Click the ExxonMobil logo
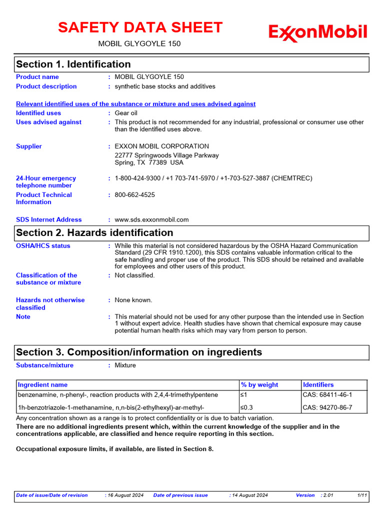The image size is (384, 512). (x=317, y=33)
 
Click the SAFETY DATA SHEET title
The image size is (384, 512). (x=140, y=27)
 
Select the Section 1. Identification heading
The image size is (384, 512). (x=73, y=64)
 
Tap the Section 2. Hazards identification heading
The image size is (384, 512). (x=94, y=232)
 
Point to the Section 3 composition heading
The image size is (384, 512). (x=139, y=352)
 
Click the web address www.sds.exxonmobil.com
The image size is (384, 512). (x=151, y=219)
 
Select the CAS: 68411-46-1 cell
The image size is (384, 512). (x=327, y=395)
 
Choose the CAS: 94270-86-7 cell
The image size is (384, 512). (x=327, y=407)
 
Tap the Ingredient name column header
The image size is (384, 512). (x=42, y=384)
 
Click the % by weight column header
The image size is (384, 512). (x=259, y=384)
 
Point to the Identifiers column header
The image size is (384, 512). (x=318, y=384)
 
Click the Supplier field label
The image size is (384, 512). (x=29, y=146)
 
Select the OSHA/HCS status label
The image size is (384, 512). (x=43, y=246)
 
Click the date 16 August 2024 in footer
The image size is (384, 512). (x=125, y=495)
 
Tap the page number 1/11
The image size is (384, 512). (x=362, y=495)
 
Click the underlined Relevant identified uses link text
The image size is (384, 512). (x=135, y=104)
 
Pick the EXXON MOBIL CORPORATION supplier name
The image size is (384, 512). (x=161, y=146)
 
